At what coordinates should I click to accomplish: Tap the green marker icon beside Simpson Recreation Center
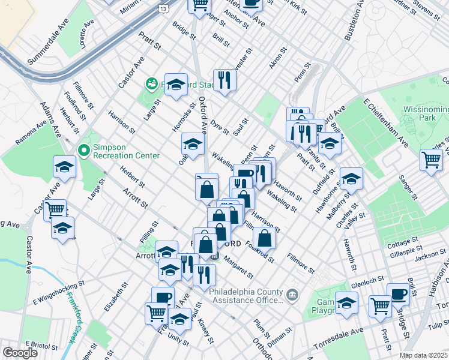pyautogui.click(x=83, y=151)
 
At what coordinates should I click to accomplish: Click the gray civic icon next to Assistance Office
pyautogui.click(x=292, y=294)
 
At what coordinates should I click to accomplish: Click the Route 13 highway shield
pyautogui.click(x=163, y=8)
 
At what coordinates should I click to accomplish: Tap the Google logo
pyautogui.click(x=20, y=353)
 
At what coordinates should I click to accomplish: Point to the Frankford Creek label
pyautogui.click(x=71, y=317)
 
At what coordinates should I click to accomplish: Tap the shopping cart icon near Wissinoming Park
pyautogui.click(x=431, y=160)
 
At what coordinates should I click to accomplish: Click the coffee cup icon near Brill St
pyautogui.click(x=399, y=294)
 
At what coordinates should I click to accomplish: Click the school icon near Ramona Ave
pyautogui.click(x=64, y=167)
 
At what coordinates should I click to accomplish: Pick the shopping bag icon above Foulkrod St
pyautogui.click(x=264, y=238)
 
